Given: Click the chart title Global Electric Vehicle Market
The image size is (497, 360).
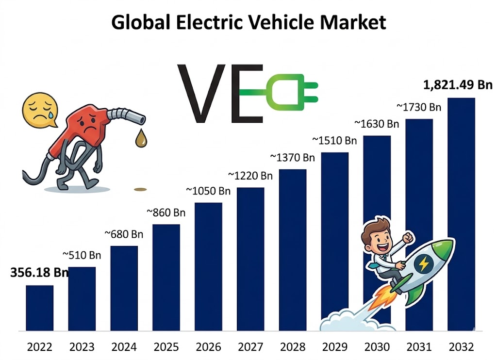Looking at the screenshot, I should click(x=248, y=22).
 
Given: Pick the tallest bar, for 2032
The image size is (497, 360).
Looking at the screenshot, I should click(x=461, y=213).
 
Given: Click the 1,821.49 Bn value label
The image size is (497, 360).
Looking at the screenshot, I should click(x=458, y=85).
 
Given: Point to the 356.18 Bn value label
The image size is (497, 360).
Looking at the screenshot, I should click(x=39, y=272).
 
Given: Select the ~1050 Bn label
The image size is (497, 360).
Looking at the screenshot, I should click(x=208, y=191).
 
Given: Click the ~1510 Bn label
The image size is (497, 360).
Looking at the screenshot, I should click(x=334, y=141).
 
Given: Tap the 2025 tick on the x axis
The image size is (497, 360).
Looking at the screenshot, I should click(x=166, y=347).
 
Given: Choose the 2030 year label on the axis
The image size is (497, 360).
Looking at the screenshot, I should click(x=377, y=347).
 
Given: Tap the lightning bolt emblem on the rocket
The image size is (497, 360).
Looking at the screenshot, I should click(x=423, y=264).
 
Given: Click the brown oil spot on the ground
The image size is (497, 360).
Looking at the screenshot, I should click(x=140, y=189).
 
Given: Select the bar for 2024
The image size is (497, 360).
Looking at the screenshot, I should click(x=124, y=288).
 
